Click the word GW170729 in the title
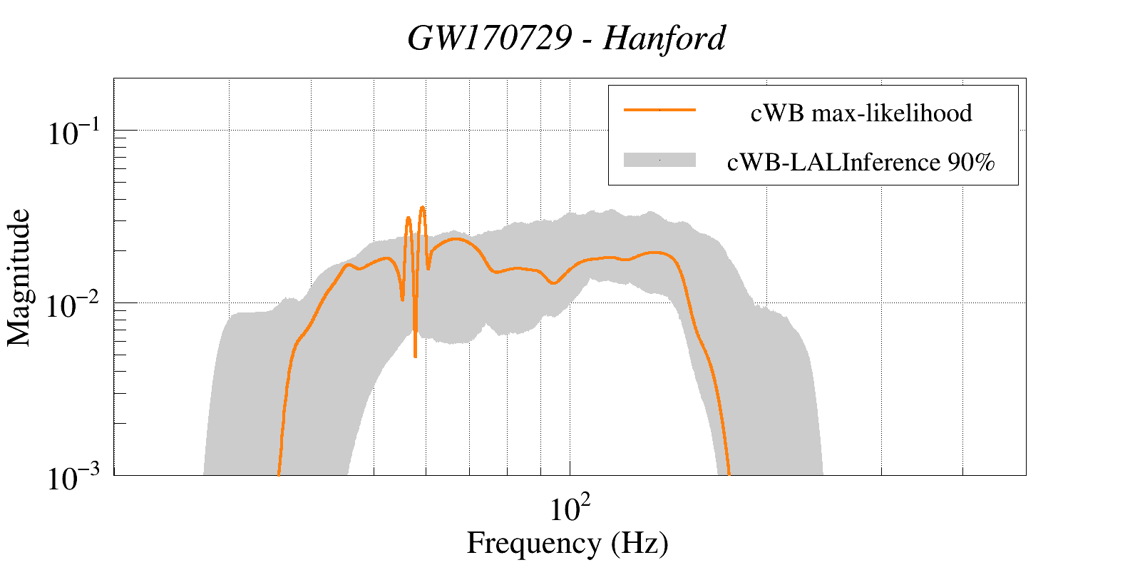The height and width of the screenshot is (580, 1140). tap(490, 38)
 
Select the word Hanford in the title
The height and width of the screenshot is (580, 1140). tap(664, 38)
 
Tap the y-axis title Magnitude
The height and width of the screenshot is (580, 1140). tap(19, 278)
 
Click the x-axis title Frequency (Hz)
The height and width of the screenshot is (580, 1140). tap(568, 543)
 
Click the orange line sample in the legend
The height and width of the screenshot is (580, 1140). tap(659, 110)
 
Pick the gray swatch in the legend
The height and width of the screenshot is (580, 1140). tap(659, 161)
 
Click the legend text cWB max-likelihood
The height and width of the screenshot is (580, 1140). tap(861, 113)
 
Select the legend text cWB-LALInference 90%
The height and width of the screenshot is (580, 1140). tap(861, 163)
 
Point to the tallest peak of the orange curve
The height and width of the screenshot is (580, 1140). tap(422, 208)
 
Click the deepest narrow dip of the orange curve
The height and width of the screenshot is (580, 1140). tap(415, 355)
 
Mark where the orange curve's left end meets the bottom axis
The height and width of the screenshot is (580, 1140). tap(279, 474)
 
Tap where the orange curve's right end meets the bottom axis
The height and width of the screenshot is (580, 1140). tap(729, 474)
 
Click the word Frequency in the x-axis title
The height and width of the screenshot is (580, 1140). tap(533, 543)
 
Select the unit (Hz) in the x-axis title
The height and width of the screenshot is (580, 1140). tap(640, 543)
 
